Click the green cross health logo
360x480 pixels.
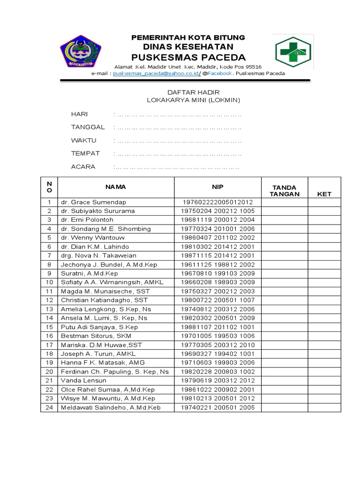point(292,52)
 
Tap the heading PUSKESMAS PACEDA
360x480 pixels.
point(188,57)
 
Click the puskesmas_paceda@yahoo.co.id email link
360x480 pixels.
point(156,74)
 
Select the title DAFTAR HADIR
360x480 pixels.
point(187,92)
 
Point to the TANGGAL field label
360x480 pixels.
point(88,127)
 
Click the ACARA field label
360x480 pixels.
point(83,166)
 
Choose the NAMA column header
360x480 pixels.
point(115,187)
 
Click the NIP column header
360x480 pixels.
point(217,187)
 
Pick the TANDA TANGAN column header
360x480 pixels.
point(285,190)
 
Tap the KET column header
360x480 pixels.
point(324,194)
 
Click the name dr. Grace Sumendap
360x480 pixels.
point(93,202)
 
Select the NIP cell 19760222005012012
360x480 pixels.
point(217,202)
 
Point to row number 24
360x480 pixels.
point(49,407)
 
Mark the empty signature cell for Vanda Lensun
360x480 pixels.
point(285,381)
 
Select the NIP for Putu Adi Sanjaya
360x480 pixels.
point(217,327)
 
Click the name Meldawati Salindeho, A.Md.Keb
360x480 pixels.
point(111,407)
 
